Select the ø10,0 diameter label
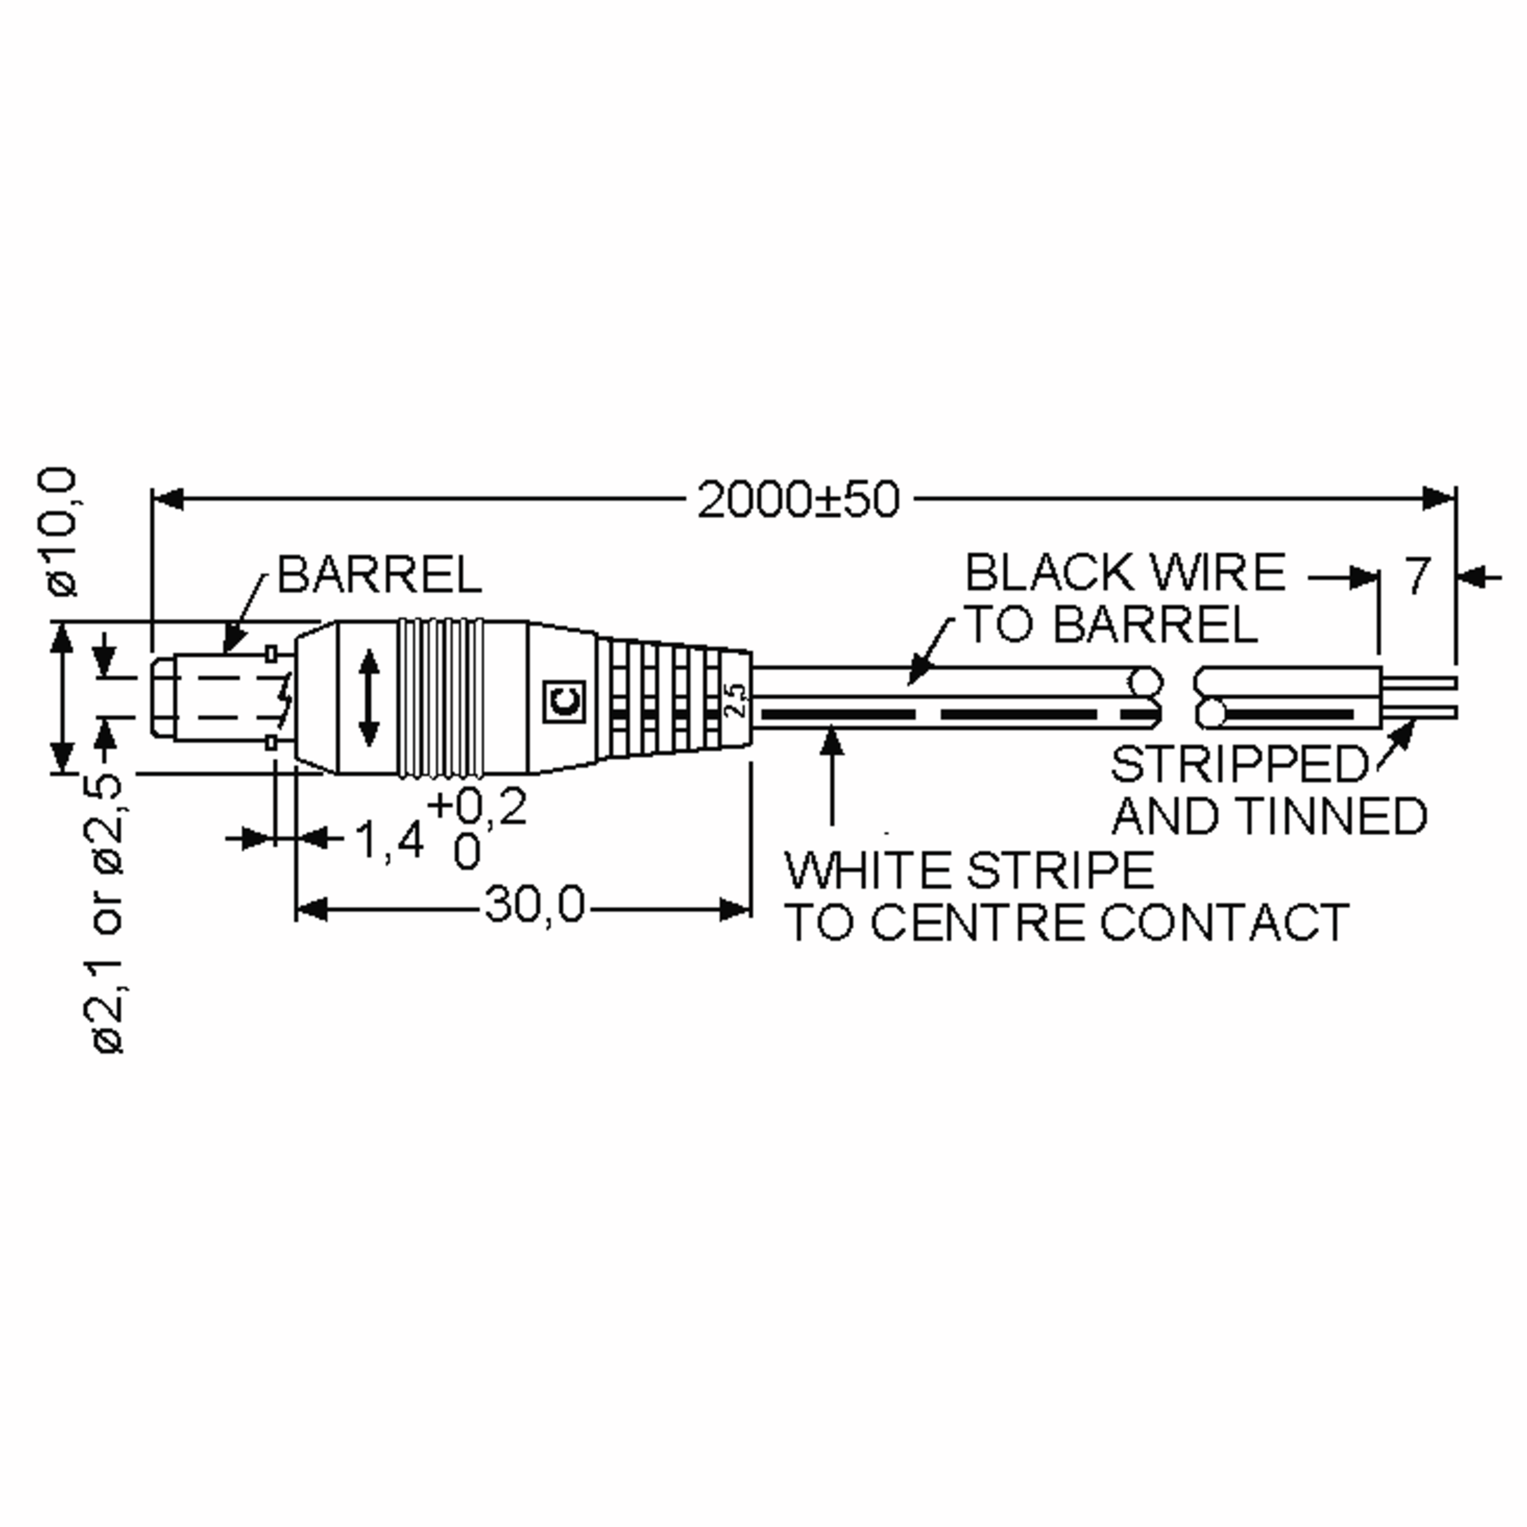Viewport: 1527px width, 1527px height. (62, 531)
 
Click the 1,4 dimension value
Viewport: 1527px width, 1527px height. (389, 839)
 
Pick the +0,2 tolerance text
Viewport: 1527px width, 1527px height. (477, 807)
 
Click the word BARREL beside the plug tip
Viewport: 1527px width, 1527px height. (379, 575)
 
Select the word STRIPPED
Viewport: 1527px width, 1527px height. (1239, 763)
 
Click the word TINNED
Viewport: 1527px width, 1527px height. (1332, 816)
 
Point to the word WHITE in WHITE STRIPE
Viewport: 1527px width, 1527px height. (868, 870)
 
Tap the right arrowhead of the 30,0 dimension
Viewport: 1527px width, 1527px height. (735, 910)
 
